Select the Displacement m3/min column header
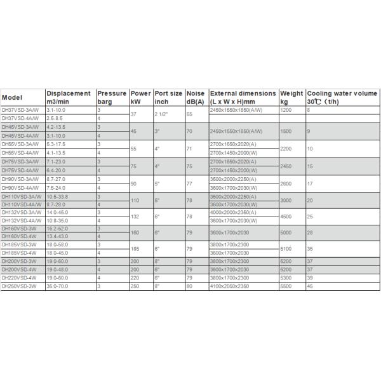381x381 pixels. pos(69,97)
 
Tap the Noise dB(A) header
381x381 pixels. pos(196,97)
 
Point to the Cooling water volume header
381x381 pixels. pos(340,97)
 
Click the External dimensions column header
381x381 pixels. pos(243,97)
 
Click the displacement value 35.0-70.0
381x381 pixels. pos(61,286)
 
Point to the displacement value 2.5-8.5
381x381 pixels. pos(58,117)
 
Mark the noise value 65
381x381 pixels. pos(189,114)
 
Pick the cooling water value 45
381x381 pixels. pos(310,286)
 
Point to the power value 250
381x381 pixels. pos(135,286)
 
